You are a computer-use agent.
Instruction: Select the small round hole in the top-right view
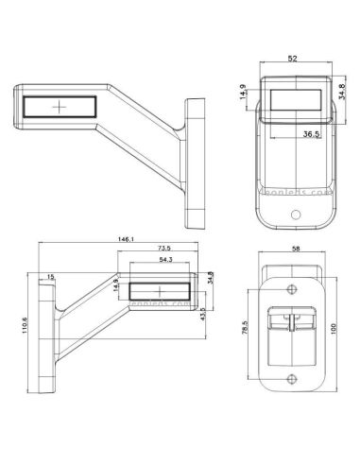295,215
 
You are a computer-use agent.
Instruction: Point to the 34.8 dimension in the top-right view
341,94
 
